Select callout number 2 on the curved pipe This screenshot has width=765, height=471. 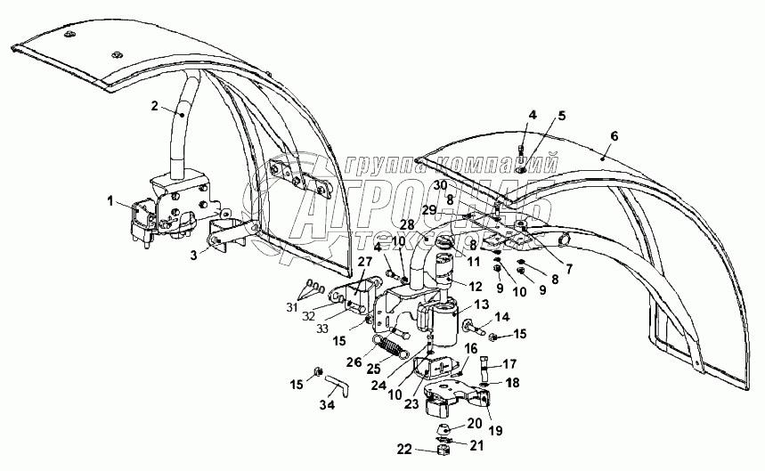click(x=155, y=106)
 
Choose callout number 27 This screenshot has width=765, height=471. click(x=363, y=261)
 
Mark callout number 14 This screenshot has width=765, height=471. click(x=502, y=316)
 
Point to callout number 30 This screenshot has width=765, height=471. click(x=440, y=185)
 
